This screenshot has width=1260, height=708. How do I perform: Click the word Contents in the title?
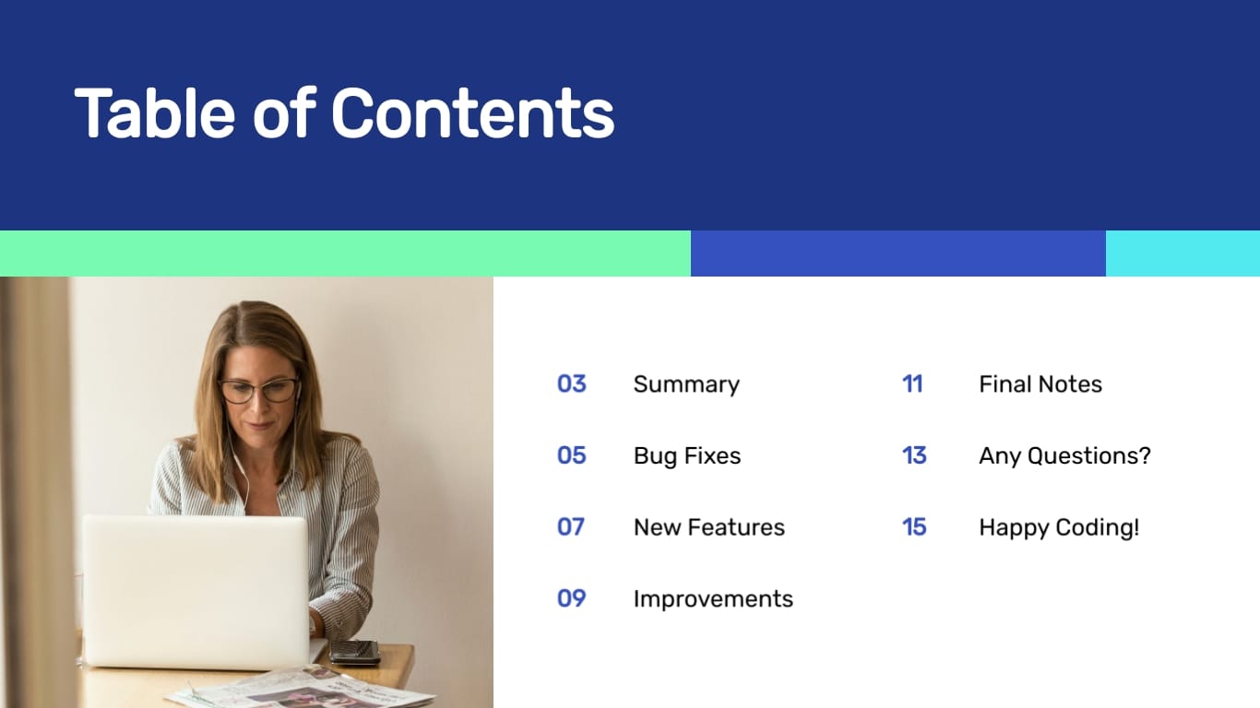pyautogui.click(x=472, y=113)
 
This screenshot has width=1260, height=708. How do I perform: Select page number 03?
pyautogui.click(x=571, y=383)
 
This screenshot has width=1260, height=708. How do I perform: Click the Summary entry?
pyautogui.click(x=686, y=384)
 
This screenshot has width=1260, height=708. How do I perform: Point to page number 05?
pyautogui.click(x=571, y=455)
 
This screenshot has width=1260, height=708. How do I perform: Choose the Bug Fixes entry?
pyautogui.click(x=687, y=455)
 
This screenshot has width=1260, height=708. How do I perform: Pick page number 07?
pyautogui.click(x=571, y=526)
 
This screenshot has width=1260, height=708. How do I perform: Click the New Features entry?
pyautogui.click(x=708, y=527)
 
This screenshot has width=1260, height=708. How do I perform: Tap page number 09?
pyautogui.click(x=571, y=598)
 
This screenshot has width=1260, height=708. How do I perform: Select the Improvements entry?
pyautogui.click(x=713, y=598)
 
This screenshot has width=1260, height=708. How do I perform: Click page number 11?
pyautogui.click(x=912, y=383)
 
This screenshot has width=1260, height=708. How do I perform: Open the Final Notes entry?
pyautogui.click(x=1040, y=384)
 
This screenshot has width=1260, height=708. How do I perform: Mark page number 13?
pyautogui.click(x=914, y=455)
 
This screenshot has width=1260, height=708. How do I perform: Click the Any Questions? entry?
pyautogui.click(x=1064, y=455)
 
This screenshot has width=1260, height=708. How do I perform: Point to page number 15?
pyautogui.click(x=914, y=526)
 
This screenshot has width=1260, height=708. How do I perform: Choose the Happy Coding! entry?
pyautogui.click(x=1059, y=527)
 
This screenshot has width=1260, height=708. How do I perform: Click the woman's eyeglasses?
pyautogui.click(x=258, y=390)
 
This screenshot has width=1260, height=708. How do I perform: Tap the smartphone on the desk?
pyautogui.click(x=355, y=652)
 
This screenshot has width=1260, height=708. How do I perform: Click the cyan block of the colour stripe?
pyautogui.click(x=1183, y=254)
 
